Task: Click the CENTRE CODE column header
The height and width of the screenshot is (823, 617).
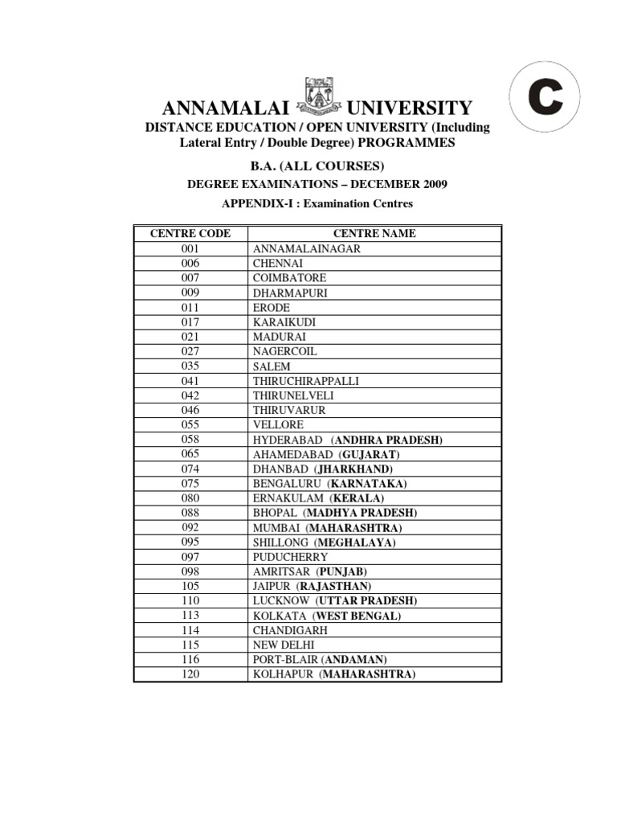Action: click(x=190, y=234)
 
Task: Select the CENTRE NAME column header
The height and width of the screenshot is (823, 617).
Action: click(x=374, y=234)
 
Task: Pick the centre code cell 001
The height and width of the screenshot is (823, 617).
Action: click(x=190, y=248)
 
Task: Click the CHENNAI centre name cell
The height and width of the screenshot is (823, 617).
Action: click(x=278, y=264)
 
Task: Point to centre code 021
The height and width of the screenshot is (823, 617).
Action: click(x=190, y=337)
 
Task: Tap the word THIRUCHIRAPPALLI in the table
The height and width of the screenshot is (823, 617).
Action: click(x=306, y=381)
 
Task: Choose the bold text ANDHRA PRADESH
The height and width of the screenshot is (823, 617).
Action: click(x=388, y=440)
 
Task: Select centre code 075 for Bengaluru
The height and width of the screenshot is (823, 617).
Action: click(x=190, y=484)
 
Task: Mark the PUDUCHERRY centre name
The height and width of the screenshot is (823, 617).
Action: click(x=290, y=557)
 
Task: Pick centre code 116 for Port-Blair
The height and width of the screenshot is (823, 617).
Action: click(x=190, y=660)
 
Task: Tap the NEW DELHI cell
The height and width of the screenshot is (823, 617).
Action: click(x=284, y=645)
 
